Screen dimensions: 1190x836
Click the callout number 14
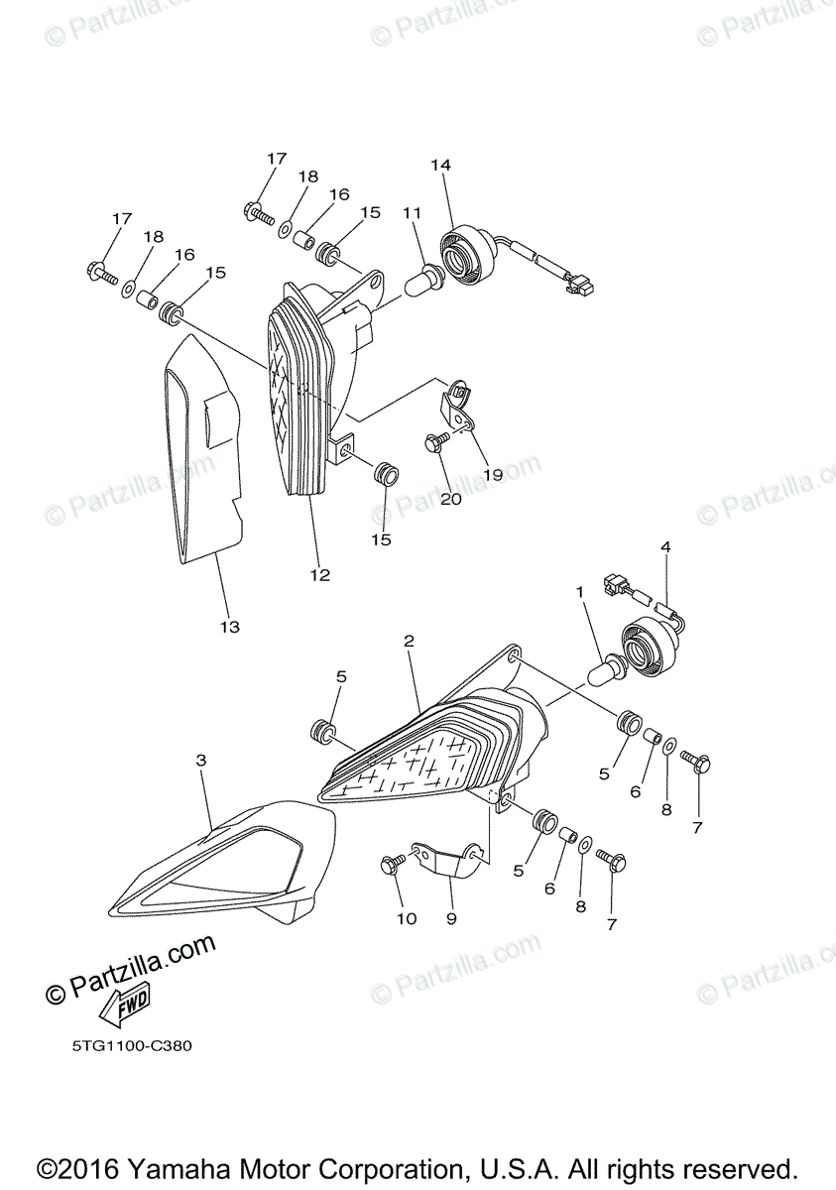[440, 165]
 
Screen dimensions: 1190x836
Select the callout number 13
[229, 627]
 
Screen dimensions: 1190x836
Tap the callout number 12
[319, 575]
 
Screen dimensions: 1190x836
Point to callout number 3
[201, 761]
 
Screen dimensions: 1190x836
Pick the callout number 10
[407, 919]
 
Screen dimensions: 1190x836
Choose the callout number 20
[450, 499]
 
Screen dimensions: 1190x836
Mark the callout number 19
[493, 474]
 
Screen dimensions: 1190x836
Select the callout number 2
[409, 642]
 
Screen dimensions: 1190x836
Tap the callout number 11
[412, 213]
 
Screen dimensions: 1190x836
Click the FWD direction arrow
[123, 1010]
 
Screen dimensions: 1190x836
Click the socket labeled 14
[466, 255]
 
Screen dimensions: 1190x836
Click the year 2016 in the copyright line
[88, 1168]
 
